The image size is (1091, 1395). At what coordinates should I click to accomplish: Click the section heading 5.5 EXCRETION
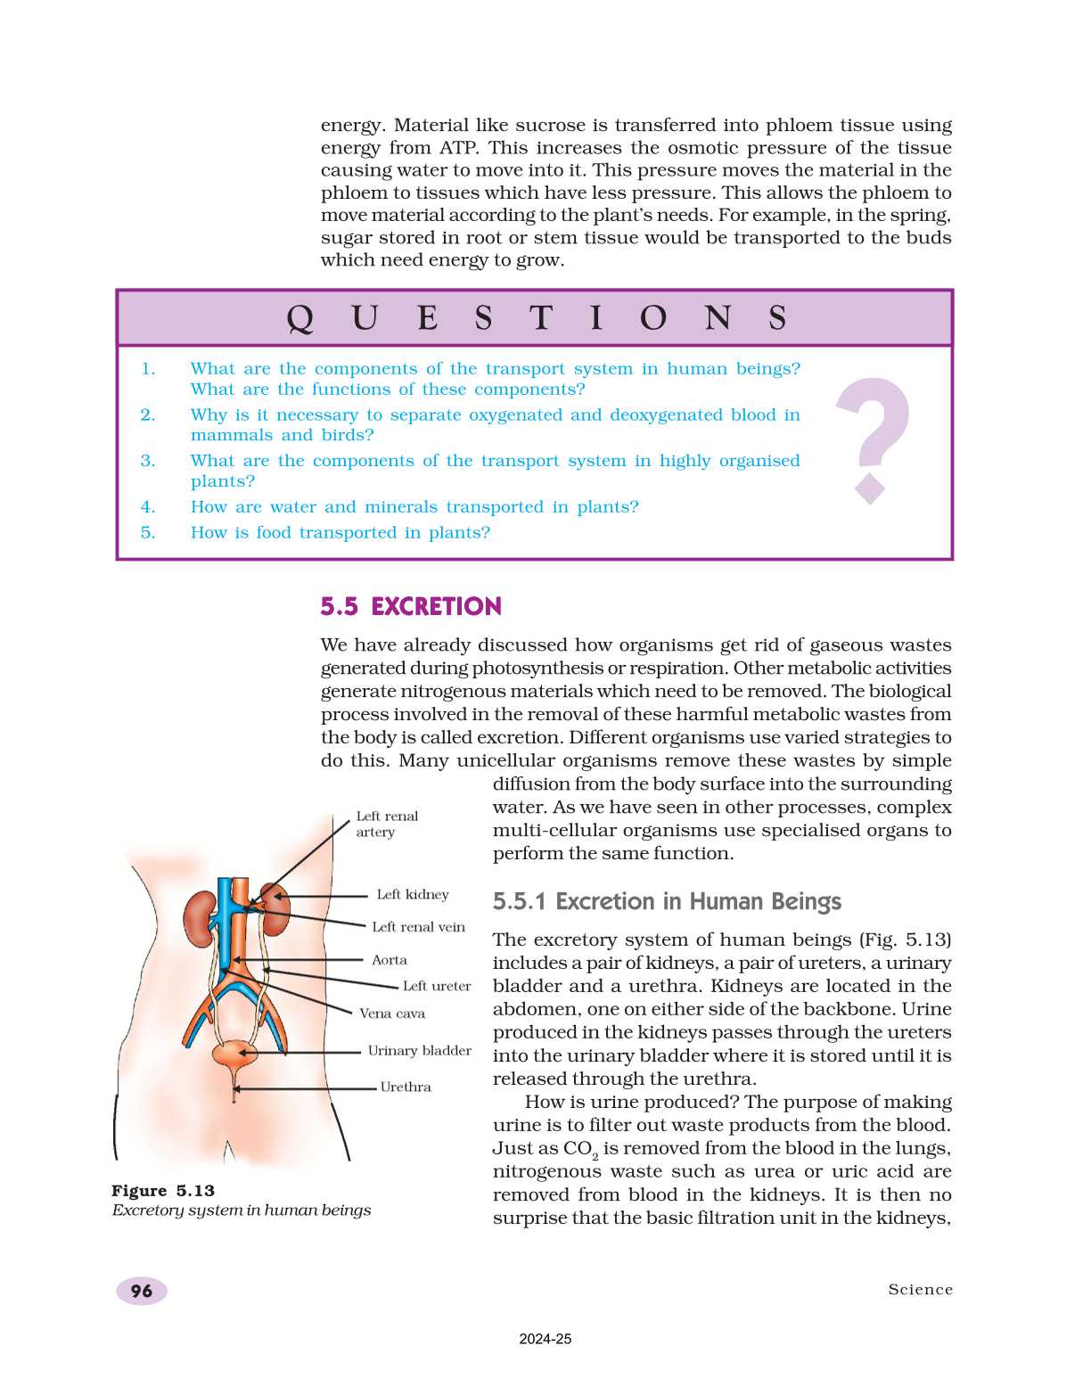coord(411,607)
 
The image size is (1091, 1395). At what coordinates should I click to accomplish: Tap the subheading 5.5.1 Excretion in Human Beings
coord(667,902)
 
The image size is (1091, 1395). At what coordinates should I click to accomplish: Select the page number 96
coord(142,1291)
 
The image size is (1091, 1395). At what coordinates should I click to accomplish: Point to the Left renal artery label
coord(386,824)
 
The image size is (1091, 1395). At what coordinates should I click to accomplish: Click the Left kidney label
coord(413,895)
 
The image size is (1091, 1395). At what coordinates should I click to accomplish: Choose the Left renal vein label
coord(418,927)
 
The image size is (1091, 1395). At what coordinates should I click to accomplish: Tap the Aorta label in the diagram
coord(390,960)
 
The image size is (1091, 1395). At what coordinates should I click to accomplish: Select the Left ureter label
coord(436,986)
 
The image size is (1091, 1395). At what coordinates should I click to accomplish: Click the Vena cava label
coord(392,1013)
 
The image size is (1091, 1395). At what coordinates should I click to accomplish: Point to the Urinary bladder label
coord(419,1051)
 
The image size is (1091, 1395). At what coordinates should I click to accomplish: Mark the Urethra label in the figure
coord(406,1087)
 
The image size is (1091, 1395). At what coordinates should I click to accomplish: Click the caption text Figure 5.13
coord(163,1191)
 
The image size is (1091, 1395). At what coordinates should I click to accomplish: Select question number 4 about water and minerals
coord(414,507)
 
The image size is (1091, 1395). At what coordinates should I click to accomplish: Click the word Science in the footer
coord(920,1290)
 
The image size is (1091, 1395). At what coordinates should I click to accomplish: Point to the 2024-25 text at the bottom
coord(545,1339)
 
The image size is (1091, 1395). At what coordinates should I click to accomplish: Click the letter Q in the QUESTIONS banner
coord(300,318)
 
